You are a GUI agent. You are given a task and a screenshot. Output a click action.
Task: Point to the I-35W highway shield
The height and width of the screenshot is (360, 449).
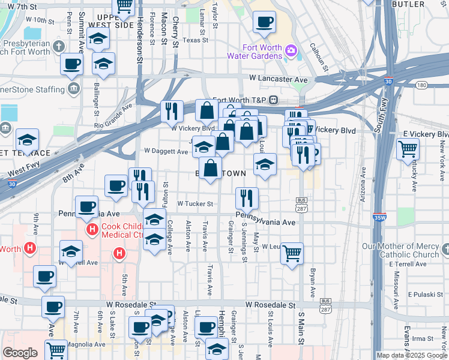(379, 218)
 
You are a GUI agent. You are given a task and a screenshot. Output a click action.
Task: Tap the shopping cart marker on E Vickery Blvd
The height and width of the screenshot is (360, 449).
(408, 148)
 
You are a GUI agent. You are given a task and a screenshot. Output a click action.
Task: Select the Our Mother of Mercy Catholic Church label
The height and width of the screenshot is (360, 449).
(401, 251)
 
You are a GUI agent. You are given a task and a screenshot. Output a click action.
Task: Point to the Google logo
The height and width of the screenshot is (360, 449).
(20, 353)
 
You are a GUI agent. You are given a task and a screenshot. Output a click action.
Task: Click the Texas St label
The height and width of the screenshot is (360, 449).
(195, 40)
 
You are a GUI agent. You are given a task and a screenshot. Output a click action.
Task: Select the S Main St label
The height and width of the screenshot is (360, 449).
(301, 333)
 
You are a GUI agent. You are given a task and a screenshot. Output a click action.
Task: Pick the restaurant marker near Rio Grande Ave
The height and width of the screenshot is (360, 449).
(172, 110)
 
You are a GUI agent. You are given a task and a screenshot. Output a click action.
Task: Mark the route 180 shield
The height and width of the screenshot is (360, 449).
(422, 85)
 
